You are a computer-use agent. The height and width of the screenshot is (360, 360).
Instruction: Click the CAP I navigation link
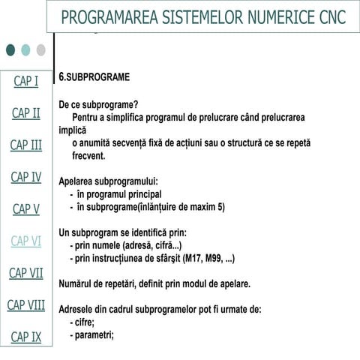[x=25, y=81]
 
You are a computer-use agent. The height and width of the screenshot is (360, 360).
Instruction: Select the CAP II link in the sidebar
[x=25, y=113]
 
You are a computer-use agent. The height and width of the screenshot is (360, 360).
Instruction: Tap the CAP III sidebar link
[x=25, y=145]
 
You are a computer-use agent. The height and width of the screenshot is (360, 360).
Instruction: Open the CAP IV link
[x=25, y=177]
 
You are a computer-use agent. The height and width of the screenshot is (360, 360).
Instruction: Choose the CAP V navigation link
[x=25, y=209]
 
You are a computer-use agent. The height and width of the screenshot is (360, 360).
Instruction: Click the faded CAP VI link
[x=25, y=241]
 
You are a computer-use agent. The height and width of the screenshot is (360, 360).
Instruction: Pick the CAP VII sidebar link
[x=25, y=273]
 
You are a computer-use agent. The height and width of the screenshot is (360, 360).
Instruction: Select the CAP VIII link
[x=25, y=304]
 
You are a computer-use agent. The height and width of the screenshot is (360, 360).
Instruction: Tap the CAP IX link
[x=25, y=337]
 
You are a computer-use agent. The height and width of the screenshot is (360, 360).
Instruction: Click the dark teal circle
[x=10, y=49]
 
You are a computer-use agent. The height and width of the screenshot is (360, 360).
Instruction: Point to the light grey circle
[x=40, y=49]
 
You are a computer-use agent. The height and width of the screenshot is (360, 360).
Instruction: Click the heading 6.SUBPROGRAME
[x=94, y=77]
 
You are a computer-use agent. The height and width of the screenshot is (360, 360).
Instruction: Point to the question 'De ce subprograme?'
[x=98, y=105]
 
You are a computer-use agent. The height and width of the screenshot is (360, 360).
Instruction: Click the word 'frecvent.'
[x=88, y=157]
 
